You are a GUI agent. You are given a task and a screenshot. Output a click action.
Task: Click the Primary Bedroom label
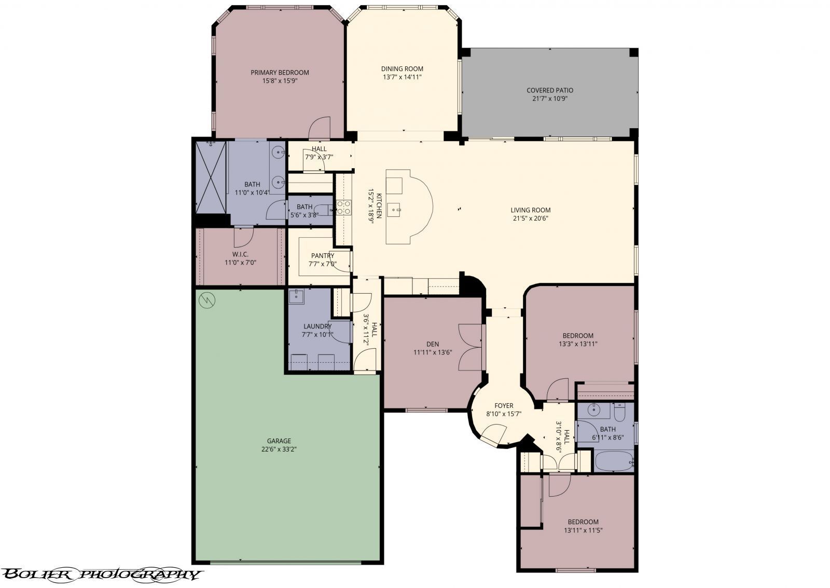click(x=280, y=73)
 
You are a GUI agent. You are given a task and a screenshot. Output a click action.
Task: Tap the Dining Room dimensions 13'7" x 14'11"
click(x=402, y=77)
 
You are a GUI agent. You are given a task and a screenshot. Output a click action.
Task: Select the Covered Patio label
click(x=549, y=90)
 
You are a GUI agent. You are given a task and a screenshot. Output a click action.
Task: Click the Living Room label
click(x=530, y=210)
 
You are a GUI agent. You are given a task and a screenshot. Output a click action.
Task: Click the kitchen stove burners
click(x=343, y=208)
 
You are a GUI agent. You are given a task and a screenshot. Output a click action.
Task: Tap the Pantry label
click(x=323, y=255)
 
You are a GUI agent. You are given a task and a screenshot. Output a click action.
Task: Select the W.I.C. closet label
click(x=240, y=254)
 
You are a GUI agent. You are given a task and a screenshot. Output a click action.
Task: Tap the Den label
click(x=433, y=344)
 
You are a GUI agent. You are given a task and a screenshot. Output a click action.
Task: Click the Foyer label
click(x=503, y=406)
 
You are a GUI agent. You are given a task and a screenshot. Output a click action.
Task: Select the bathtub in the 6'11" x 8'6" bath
click(x=613, y=460)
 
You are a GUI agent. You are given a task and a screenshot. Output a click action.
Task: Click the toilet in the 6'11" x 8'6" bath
click(x=619, y=413)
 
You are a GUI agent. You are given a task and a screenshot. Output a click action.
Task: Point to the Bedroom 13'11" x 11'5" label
click(x=583, y=522)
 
